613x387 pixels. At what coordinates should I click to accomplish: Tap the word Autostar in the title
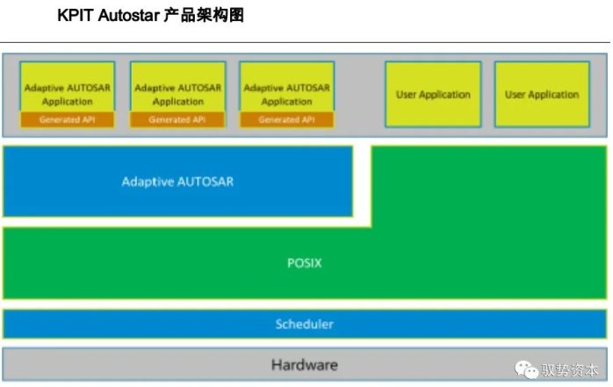(129, 16)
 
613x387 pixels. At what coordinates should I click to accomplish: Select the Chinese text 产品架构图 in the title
(204, 16)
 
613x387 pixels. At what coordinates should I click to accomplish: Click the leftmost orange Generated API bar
(68, 119)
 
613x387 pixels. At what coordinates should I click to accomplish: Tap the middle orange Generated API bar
(178, 119)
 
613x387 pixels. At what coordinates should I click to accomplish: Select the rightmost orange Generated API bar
(287, 119)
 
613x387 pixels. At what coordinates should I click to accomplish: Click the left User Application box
(433, 94)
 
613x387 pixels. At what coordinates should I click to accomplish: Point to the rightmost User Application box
(542, 94)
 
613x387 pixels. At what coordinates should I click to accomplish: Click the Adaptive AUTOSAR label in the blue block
(177, 182)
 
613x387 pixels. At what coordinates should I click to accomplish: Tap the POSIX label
(305, 262)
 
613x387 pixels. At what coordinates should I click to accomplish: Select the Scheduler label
(305, 324)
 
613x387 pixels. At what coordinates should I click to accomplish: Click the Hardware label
(305, 365)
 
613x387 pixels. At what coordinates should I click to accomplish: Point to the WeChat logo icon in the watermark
(526, 369)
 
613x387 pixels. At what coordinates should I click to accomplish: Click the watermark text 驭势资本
(569, 369)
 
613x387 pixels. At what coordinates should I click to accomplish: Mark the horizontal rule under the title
(305, 42)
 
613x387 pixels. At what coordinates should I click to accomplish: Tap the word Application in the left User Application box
(445, 95)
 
